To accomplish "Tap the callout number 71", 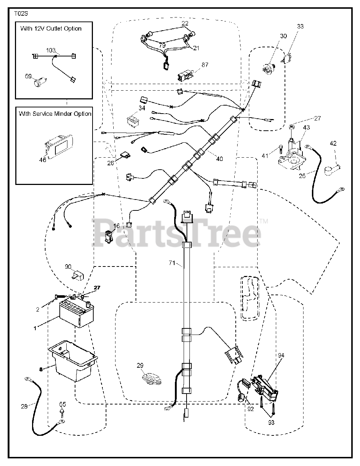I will (172, 262).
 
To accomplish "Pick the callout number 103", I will (51, 51).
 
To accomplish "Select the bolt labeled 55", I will (63, 413).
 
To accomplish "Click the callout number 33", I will (300, 26).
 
